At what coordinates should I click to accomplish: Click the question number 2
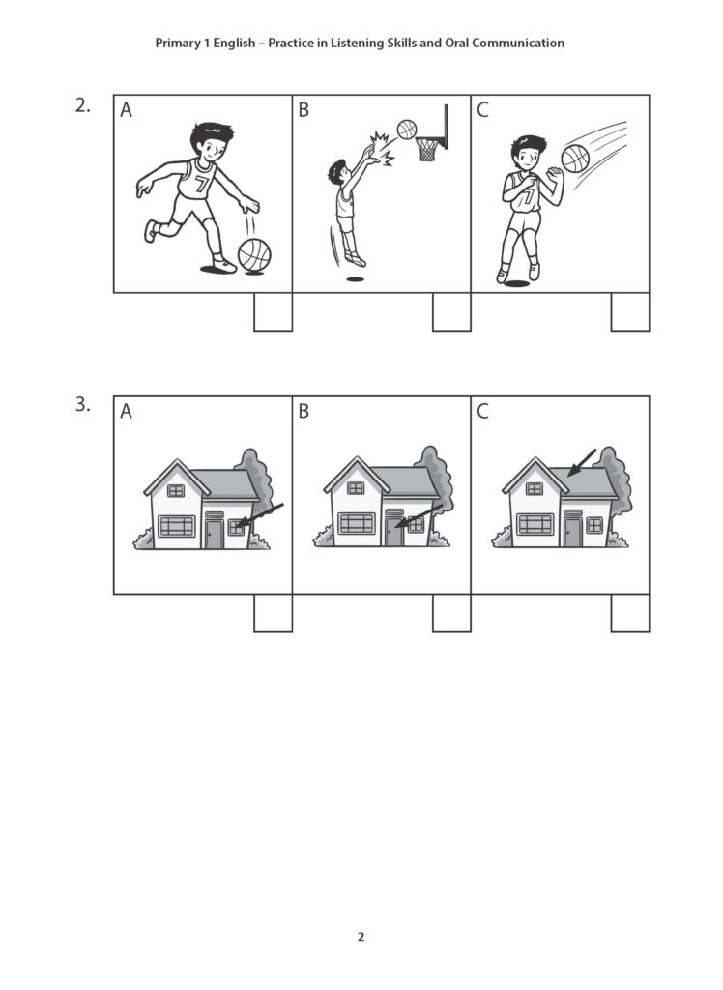[x=82, y=106]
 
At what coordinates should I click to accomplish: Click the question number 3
[x=82, y=406]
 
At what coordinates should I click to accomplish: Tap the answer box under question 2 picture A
[x=273, y=311]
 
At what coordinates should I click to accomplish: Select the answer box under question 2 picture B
[x=451, y=311]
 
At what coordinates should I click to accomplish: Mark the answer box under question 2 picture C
[x=630, y=311]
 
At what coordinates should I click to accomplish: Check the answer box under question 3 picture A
[x=273, y=613]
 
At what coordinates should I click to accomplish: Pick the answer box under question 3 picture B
[x=451, y=613]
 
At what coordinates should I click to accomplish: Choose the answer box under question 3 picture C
[x=630, y=613]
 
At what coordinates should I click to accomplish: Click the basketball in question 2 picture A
[x=254, y=255]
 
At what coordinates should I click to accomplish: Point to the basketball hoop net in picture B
[x=427, y=149]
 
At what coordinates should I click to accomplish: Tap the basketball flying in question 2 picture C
[x=575, y=158]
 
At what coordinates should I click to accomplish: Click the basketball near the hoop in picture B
[x=407, y=129]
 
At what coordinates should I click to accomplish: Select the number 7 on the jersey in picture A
[x=201, y=184]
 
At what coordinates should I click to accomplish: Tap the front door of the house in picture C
[x=572, y=533]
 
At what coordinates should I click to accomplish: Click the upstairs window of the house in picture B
[x=356, y=488]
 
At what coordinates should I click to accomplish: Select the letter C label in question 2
[x=483, y=111]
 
